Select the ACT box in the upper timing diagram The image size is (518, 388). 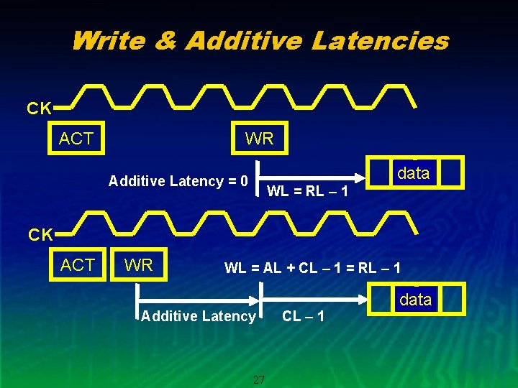(76, 139)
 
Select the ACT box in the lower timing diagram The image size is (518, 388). (78, 265)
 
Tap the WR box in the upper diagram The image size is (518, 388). (259, 139)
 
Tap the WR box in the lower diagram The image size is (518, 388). (138, 265)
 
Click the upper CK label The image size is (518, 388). (39, 109)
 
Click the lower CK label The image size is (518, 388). (39, 235)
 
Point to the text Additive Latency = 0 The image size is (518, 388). (178, 181)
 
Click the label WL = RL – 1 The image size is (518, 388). (308, 191)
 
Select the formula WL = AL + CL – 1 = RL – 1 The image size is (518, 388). (312, 269)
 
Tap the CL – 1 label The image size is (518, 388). (303, 316)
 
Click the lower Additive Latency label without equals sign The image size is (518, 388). (199, 316)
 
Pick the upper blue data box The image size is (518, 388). (413, 173)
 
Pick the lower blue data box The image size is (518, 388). (415, 300)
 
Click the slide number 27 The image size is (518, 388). (259, 379)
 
